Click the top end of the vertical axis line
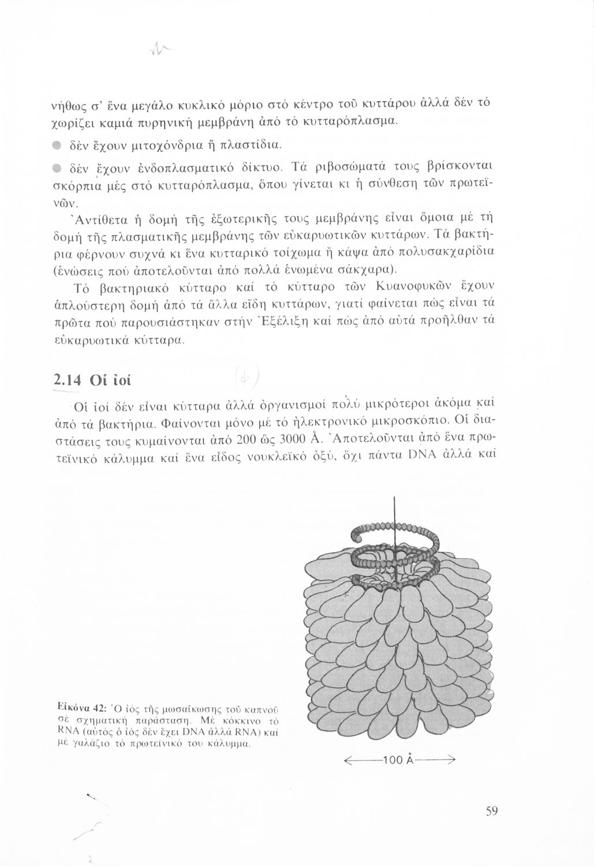click(395, 498)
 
